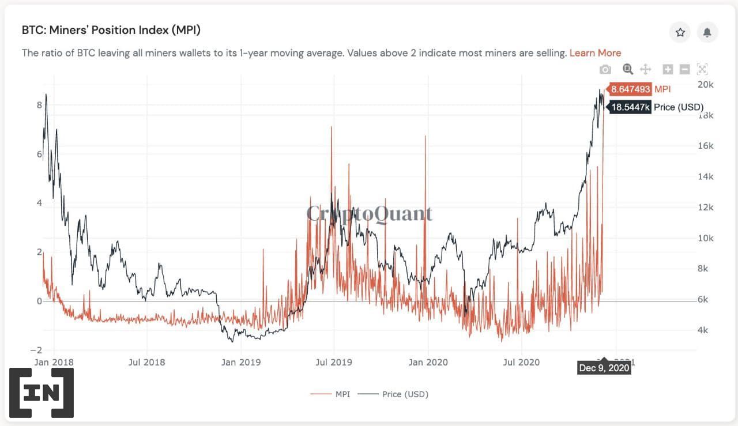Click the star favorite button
click(x=680, y=32)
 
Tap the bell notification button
click(x=707, y=32)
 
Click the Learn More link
click(x=595, y=53)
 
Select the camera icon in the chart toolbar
click(x=605, y=70)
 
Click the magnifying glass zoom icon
click(x=628, y=70)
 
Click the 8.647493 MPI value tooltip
click(x=630, y=89)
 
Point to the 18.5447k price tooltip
click(x=630, y=107)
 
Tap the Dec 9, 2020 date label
click(x=604, y=368)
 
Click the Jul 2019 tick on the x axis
click(x=334, y=362)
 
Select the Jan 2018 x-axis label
click(x=54, y=362)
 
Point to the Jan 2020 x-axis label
click(x=428, y=362)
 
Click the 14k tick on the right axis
click(x=706, y=177)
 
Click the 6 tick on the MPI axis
click(x=39, y=154)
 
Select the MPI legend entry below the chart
click(x=330, y=394)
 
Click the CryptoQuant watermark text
click(x=369, y=214)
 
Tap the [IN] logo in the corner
click(x=41, y=393)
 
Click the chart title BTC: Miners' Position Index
click(x=111, y=30)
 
